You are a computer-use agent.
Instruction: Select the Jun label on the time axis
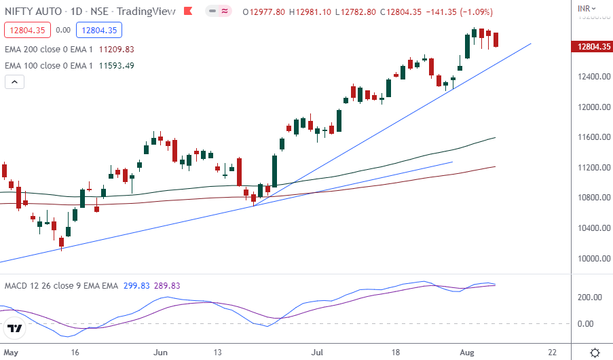click(161, 353)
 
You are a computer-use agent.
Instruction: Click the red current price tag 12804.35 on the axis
click(589, 46)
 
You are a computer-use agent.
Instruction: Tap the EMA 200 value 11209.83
click(116, 49)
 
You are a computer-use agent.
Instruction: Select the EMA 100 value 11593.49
click(116, 65)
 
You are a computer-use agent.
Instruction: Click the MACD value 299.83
click(137, 286)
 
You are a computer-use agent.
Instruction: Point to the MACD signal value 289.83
click(167, 286)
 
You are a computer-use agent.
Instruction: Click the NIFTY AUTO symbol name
click(31, 12)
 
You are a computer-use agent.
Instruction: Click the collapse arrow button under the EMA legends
click(15, 82)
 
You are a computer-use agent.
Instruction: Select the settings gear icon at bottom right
click(595, 353)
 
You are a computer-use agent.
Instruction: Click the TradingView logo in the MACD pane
click(15, 329)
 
